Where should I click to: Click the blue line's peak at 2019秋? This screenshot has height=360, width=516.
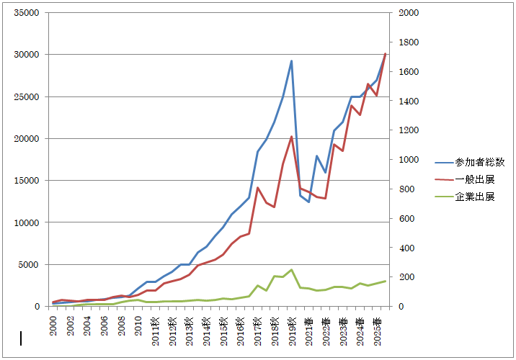point(291,60)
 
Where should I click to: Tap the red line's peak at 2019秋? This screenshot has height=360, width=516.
point(291,137)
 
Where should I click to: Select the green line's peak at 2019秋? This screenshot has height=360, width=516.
point(291,270)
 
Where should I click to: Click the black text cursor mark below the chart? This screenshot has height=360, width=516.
point(21,338)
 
